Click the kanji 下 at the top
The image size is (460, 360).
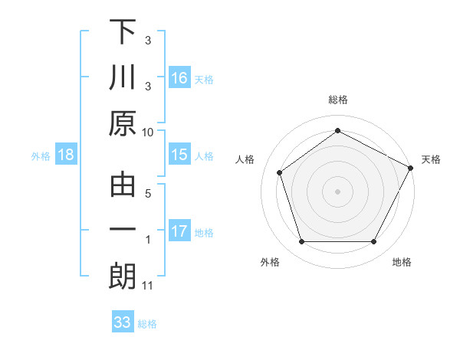click(x=123, y=33)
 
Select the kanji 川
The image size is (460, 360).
click(x=123, y=77)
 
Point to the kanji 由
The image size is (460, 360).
click(x=123, y=185)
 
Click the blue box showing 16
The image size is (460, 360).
click(x=179, y=77)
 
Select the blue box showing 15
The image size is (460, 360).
click(x=179, y=155)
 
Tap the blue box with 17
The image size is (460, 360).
click(x=179, y=231)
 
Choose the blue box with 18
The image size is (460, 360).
click(x=66, y=155)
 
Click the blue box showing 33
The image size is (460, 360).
click(x=123, y=322)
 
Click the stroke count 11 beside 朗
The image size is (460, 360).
click(x=148, y=286)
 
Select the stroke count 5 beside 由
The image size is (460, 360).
click(x=148, y=193)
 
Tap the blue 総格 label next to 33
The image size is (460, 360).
click(x=147, y=324)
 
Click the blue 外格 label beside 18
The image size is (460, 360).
click(x=41, y=156)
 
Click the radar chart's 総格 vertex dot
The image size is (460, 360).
click(x=337, y=131)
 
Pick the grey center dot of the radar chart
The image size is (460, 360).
click(x=337, y=191)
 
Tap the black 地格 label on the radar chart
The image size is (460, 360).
click(x=402, y=263)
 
